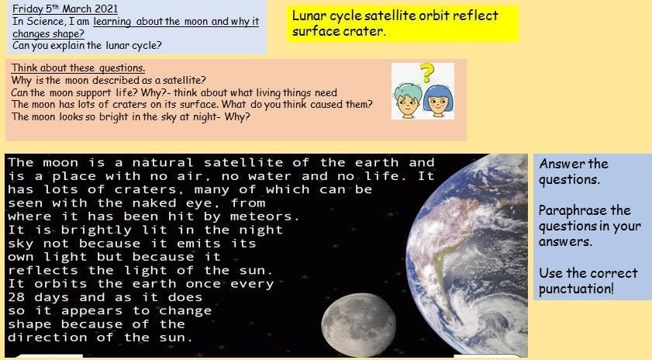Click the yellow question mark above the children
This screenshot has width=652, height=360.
pyautogui.click(x=426, y=72)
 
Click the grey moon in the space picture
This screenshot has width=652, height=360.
pyautogui.click(x=358, y=324)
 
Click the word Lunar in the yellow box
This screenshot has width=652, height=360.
pyautogui.click(x=309, y=16)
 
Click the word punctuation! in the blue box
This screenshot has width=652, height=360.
pyautogui.click(x=576, y=289)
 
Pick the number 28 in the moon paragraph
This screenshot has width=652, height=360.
pyautogui.click(x=16, y=298)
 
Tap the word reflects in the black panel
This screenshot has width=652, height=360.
pyautogui.click(x=43, y=271)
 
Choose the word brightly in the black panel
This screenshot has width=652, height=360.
pyautogui.click(x=96, y=230)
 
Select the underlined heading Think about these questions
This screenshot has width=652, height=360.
pyautogui.click(x=78, y=67)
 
